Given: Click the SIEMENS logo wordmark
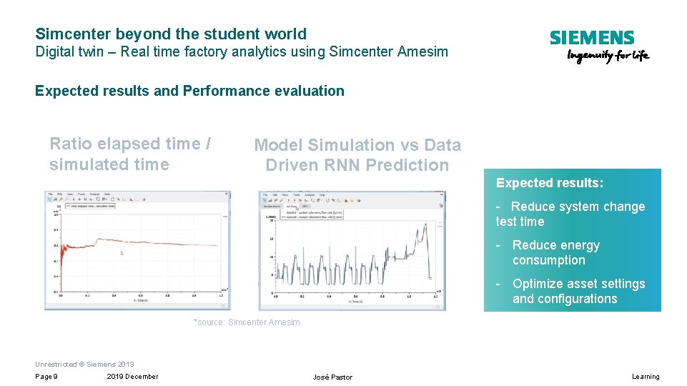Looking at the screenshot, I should point(591,38).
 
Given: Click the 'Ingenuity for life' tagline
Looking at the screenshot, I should point(608,56).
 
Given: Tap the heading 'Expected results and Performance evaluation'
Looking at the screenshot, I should point(189,91).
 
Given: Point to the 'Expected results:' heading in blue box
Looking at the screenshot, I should point(550,183).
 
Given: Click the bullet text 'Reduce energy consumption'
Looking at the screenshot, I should point(555,253).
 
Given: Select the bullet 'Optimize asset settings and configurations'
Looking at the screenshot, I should point(578,292).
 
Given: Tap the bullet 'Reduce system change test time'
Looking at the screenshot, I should point(570,214).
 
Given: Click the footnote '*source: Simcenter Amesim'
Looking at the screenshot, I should point(247,322).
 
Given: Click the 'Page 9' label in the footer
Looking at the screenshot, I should point(46,377).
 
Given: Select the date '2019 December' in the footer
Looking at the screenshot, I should point(133,377).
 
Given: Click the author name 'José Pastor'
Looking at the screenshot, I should point(332,377).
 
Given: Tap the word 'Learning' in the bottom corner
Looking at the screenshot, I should point(646,377).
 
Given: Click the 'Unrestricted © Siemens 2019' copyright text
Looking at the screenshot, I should point(84,364).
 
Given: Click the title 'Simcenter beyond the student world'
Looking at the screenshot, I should point(171,34).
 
